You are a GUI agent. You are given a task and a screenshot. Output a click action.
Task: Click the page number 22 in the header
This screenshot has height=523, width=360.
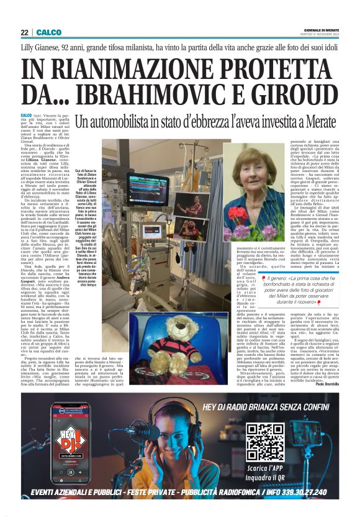[25, 32]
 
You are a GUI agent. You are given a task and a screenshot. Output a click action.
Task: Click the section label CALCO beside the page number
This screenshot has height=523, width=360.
[48, 32]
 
